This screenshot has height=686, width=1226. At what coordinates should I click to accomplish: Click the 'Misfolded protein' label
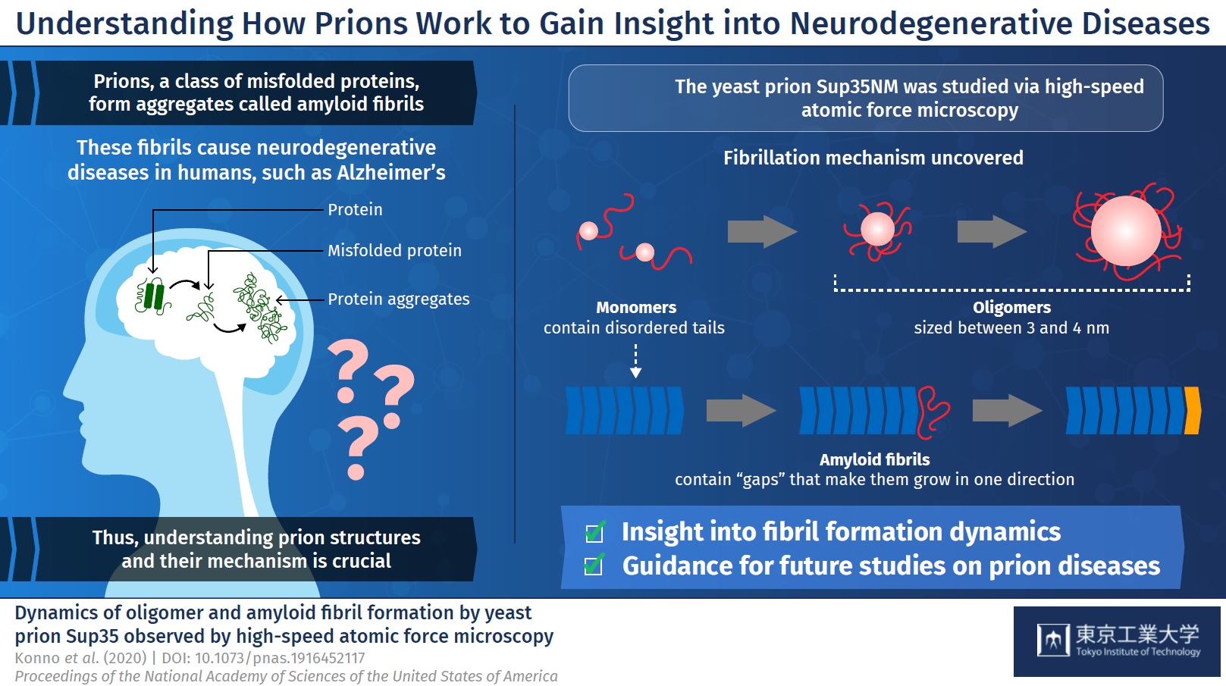click(x=394, y=251)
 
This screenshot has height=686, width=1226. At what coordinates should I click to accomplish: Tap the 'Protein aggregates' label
click(x=399, y=299)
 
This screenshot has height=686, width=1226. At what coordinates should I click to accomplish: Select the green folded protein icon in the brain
click(x=152, y=296)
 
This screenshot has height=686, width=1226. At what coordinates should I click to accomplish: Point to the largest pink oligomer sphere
click(x=1126, y=231)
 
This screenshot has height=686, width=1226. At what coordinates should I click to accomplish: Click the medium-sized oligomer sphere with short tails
click(x=877, y=229)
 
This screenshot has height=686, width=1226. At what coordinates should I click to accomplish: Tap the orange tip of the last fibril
click(x=1193, y=411)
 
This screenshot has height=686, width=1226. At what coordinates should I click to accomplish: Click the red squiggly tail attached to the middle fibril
click(x=933, y=412)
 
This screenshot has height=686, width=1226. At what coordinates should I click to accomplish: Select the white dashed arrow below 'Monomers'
click(x=635, y=361)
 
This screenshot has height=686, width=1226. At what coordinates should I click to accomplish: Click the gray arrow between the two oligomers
click(x=992, y=231)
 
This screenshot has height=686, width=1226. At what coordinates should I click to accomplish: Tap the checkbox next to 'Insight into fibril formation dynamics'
click(x=594, y=531)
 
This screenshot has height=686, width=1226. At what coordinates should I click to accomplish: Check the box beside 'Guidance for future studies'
click(x=594, y=565)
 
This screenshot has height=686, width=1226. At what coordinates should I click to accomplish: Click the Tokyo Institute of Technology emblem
click(x=1053, y=640)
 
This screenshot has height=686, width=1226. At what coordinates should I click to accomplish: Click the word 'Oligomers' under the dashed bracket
click(x=1011, y=308)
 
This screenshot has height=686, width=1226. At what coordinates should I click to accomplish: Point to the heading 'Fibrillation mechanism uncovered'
click(x=873, y=158)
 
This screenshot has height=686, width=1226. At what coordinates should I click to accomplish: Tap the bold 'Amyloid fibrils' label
click(x=874, y=459)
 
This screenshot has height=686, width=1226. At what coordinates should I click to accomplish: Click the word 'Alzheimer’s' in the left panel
click(x=390, y=173)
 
